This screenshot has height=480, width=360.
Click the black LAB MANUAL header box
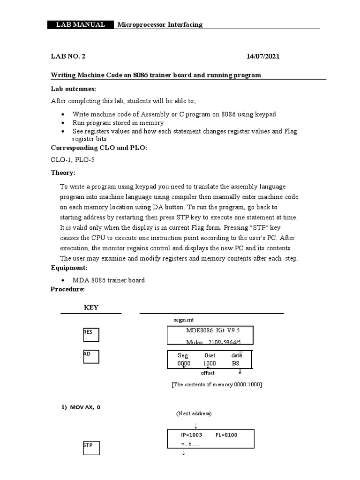pyautogui.click(x=81, y=25)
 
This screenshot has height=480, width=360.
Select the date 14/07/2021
pyautogui.click(x=263, y=56)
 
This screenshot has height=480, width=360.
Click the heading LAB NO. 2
pyautogui.click(x=68, y=56)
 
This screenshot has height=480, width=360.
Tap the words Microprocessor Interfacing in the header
pyautogui.click(x=159, y=25)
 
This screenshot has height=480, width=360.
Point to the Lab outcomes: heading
pyautogui.click(x=73, y=89)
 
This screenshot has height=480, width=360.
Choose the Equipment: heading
pyautogui.click(x=69, y=268)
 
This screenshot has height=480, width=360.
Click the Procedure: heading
pyautogui.click(x=67, y=289)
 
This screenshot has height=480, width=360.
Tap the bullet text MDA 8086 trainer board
pyautogui.click(x=108, y=280)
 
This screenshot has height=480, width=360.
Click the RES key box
pyautogui.click(x=90, y=334)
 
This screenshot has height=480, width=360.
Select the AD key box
pyautogui.click(x=90, y=357)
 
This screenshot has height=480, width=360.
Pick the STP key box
pyautogui.click(x=90, y=449)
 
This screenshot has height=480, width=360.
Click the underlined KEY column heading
pyautogui.click(x=91, y=307)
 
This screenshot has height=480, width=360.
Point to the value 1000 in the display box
pyautogui.click(x=210, y=363)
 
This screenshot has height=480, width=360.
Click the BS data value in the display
pyautogui.click(x=235, y=363)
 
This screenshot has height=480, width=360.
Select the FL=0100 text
pyautogui.click(x=226, y=435)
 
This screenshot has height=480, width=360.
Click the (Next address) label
pyautogui.click(x=194, y=414)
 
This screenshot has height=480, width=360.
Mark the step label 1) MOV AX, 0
pyautogui.click(x=81, y=407)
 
